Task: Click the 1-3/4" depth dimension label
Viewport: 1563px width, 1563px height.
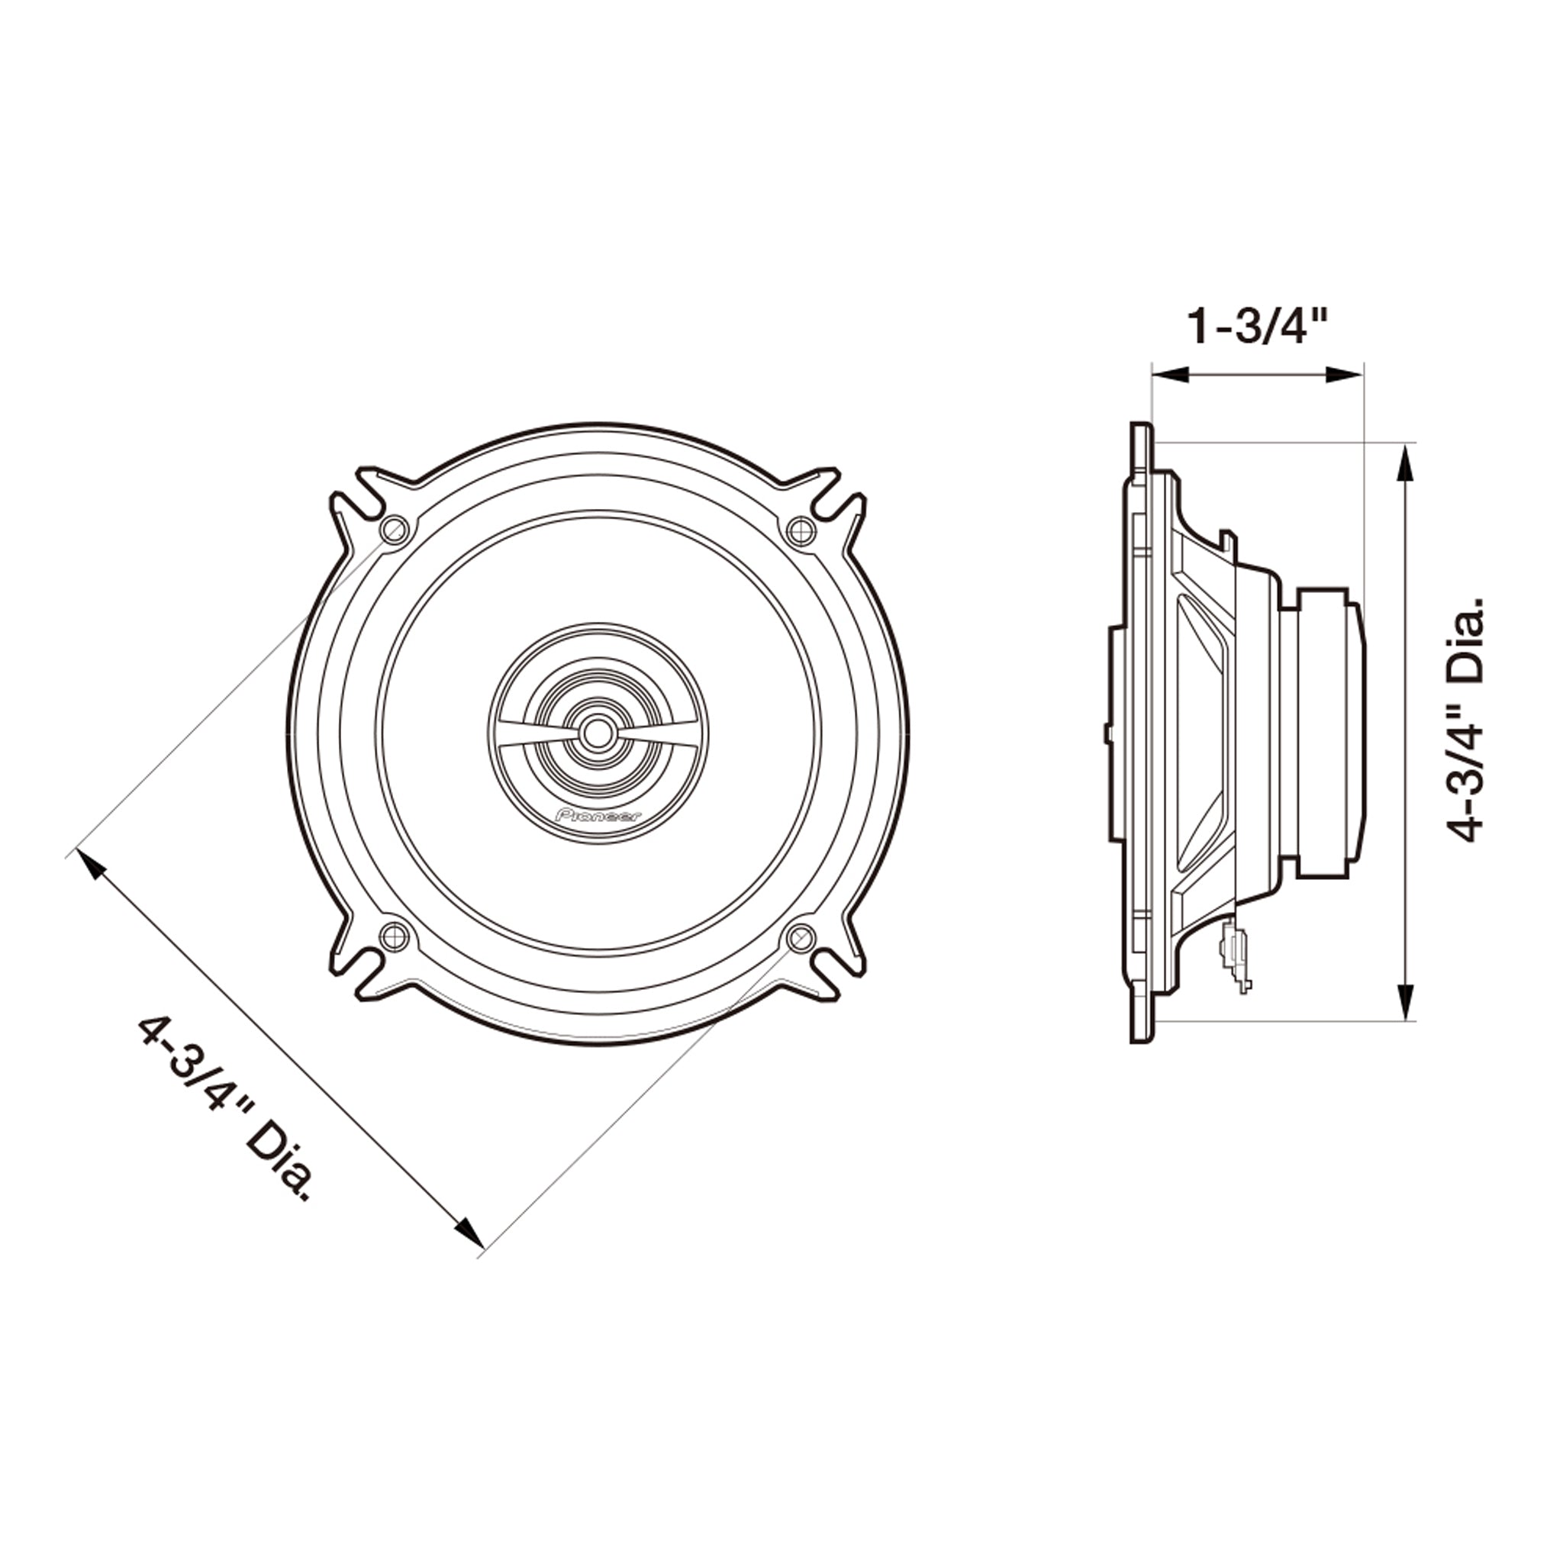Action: tap(1256, 327)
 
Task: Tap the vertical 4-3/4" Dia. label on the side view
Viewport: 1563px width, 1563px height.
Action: tap(1464, 720)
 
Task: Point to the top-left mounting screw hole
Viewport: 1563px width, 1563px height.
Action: tap(394, 530)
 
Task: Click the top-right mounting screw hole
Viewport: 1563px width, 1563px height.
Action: tap(801, 530)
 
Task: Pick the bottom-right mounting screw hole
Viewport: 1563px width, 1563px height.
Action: tap(801, 938)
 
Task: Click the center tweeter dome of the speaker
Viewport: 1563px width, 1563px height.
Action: tap(597, 733)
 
